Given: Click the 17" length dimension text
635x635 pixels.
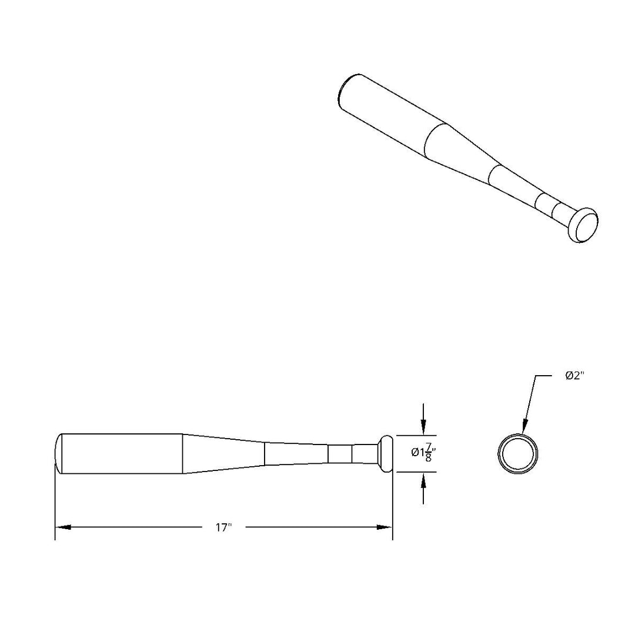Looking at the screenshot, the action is click(x=223, y=527).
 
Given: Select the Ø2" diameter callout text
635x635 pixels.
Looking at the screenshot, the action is click(x=574, y=376).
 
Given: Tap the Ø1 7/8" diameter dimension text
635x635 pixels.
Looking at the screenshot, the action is click(x=423, y=452).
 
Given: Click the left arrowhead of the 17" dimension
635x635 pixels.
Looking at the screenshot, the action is click(x=63, y=527).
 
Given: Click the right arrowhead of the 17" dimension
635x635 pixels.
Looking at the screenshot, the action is click(x=385, y=527).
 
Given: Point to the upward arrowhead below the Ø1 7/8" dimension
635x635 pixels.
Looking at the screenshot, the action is click(x=423, y=480).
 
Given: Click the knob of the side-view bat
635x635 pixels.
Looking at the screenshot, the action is click(x=385, y=453).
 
